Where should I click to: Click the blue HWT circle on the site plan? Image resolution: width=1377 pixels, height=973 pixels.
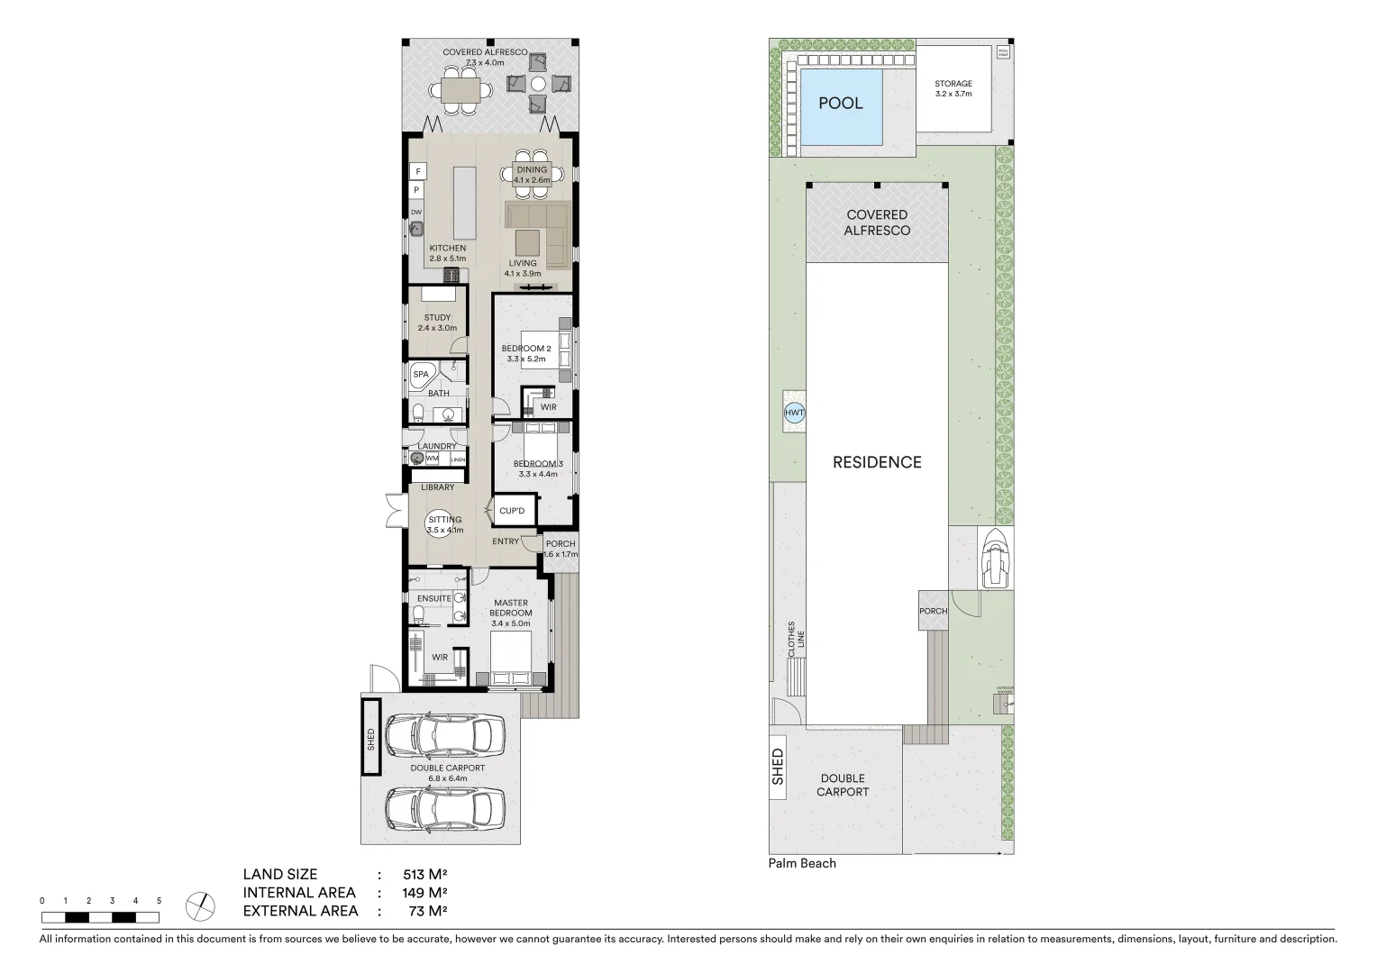point(794,414)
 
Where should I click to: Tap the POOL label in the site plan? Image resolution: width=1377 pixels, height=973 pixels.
point(840,104)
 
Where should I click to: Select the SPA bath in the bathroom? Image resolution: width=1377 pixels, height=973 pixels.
point(421,375)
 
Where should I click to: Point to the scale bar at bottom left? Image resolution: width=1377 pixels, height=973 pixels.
point(100,917)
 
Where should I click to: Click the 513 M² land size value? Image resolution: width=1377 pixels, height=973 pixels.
point(424,874)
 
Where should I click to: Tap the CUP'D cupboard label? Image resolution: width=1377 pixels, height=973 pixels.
point(511,511)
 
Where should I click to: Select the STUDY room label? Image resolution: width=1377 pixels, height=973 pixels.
point(437,318)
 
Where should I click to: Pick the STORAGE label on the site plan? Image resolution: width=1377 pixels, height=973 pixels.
point(953,84)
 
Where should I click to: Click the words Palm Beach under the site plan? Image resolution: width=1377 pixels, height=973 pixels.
point(802,863)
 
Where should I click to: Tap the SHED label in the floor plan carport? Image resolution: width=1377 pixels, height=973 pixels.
point(370,738)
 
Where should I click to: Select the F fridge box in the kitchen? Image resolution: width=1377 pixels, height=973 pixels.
point(418,170)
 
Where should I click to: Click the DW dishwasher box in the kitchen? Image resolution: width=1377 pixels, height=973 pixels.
point(416,213)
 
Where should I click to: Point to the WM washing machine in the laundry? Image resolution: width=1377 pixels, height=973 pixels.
point(433,459)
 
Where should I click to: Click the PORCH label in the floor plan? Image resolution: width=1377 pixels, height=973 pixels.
point(560,544)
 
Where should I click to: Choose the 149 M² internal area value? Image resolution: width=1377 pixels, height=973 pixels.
point(424,893)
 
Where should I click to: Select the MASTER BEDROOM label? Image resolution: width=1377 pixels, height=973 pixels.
point(511,608)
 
